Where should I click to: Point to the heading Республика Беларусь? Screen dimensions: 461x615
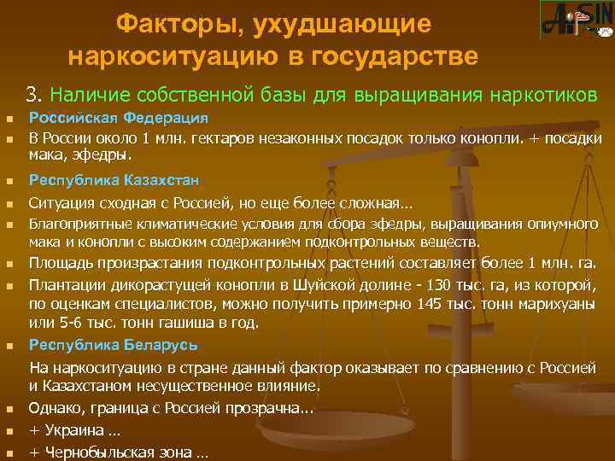coord(114,345)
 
